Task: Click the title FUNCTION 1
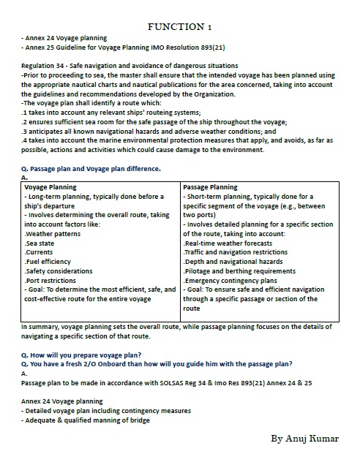tap(179, 26)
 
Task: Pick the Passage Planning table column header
tap(210, 187)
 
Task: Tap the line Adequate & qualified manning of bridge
tap(86, 420)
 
